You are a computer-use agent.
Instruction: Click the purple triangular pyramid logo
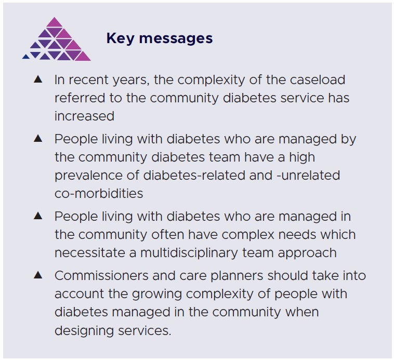(x=56, y=41)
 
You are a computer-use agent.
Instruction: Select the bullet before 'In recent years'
(x=38, y=79)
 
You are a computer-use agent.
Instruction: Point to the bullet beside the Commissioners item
(x=38, y=275)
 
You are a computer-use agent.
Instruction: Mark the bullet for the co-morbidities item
(x=38, y=139)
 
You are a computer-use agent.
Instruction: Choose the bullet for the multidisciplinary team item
(x=38, y=216)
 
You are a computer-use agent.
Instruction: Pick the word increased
(x=84, y=116)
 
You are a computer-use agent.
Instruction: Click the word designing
(x=85, y=330)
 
